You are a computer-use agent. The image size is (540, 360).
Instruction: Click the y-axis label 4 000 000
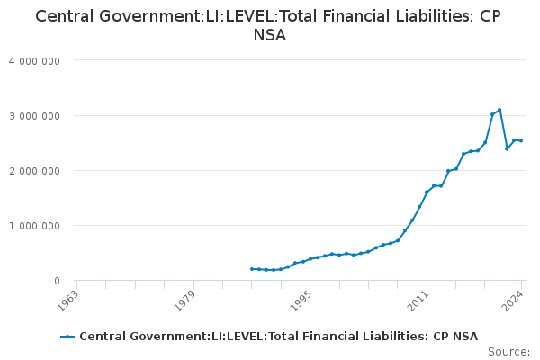point(35,61)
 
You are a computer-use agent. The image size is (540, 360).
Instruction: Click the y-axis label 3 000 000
point(35,116)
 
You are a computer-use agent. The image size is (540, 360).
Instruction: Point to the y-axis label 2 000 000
point(35,171)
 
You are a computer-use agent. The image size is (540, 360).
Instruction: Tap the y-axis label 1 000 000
point(35,226)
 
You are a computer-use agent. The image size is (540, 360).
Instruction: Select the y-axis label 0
point(58,281)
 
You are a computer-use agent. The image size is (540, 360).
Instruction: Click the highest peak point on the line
point(499,110)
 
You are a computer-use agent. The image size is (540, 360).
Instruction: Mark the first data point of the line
point(252,269)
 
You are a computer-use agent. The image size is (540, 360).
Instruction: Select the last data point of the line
point(521,140)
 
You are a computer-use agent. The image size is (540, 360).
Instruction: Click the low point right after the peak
point(507,148)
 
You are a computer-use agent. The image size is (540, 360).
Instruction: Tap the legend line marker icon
point(67,337)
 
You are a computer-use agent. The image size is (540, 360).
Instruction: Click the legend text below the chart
point(278,337)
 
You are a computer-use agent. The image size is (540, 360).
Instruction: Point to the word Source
point(508,352)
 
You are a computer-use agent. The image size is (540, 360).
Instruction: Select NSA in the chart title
point(270,36)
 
